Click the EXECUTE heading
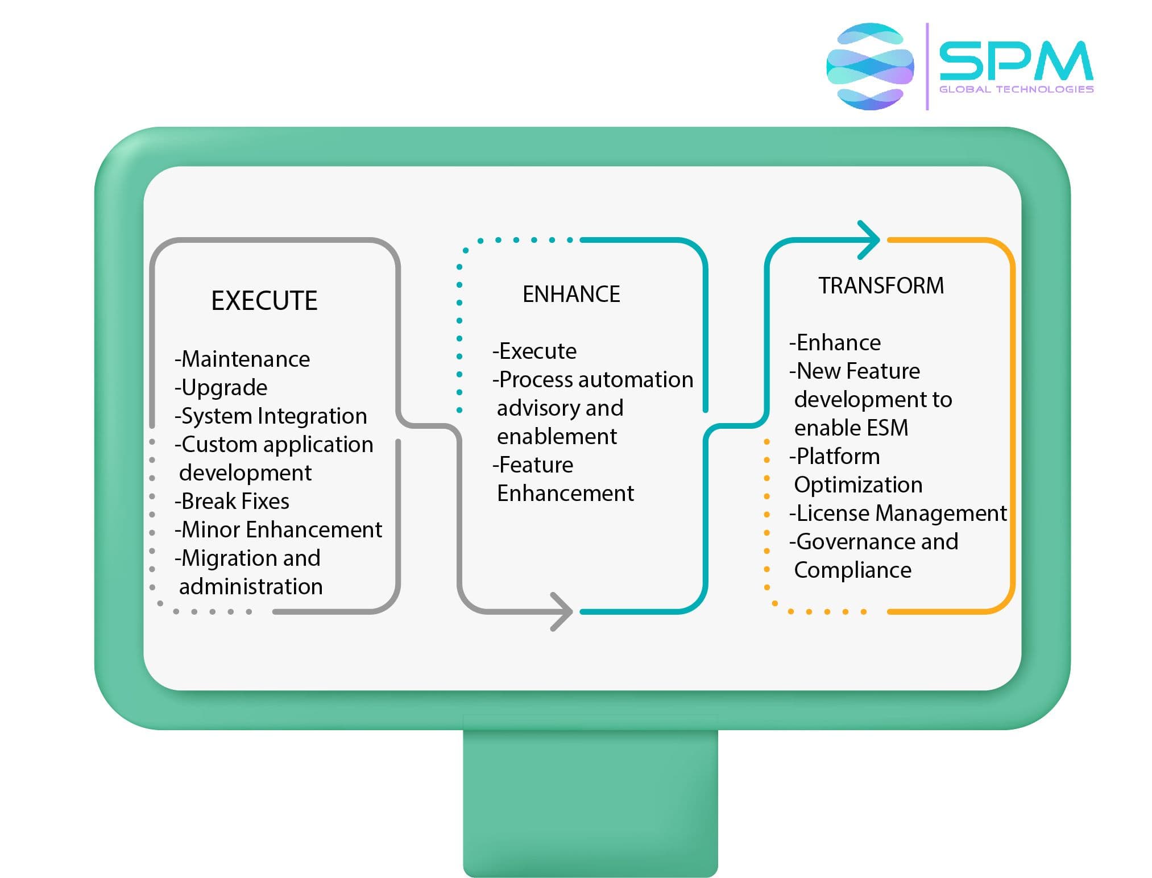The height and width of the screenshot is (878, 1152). coord(264,300)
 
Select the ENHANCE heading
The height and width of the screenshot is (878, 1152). coord(571,294)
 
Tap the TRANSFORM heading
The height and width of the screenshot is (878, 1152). coord(881,285)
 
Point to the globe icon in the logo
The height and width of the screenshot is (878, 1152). coord(870,67)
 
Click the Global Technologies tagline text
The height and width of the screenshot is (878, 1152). coord(1016,89)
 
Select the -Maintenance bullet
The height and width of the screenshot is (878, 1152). coord(242,359)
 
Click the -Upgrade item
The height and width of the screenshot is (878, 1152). coord(221,387)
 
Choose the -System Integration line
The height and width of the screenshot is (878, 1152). coord(271,416)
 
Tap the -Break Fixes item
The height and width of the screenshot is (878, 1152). coord(232,501)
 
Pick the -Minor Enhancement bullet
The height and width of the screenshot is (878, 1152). coord(278,529)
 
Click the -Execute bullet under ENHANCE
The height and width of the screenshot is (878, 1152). coord(534,351)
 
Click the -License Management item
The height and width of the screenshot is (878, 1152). coord(898,513)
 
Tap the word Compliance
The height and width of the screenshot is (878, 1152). coord(852,570)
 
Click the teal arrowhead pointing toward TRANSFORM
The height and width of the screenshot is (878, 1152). coord(870,240)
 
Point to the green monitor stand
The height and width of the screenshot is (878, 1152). coord(590,802)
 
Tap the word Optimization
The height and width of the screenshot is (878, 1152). coord(858,484)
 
